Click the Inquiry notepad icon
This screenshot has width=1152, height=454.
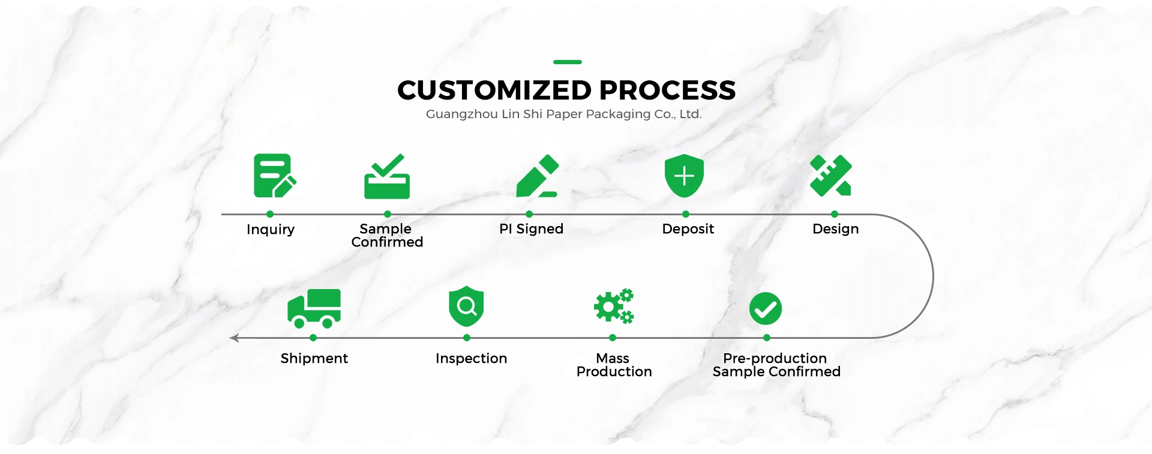274,176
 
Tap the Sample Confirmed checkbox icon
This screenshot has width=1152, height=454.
387,178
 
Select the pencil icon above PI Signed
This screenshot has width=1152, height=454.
537,176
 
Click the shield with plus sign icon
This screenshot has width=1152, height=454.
684,176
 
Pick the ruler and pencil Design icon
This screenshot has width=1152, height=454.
831,176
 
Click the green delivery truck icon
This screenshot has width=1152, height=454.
314,308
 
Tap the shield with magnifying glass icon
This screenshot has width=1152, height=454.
466,306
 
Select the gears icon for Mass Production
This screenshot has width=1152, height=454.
614,306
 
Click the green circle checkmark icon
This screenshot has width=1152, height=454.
765,309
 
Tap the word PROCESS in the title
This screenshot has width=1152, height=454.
667,91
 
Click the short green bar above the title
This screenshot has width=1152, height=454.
568,62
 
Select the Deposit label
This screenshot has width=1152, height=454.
688,229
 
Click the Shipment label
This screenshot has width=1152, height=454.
314,359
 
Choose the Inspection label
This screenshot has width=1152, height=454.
471,359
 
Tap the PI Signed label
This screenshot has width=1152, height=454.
531,229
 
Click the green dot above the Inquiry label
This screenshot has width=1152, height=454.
270,214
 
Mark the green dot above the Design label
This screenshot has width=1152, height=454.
835,214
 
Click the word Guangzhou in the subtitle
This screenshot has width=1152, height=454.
461,114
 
